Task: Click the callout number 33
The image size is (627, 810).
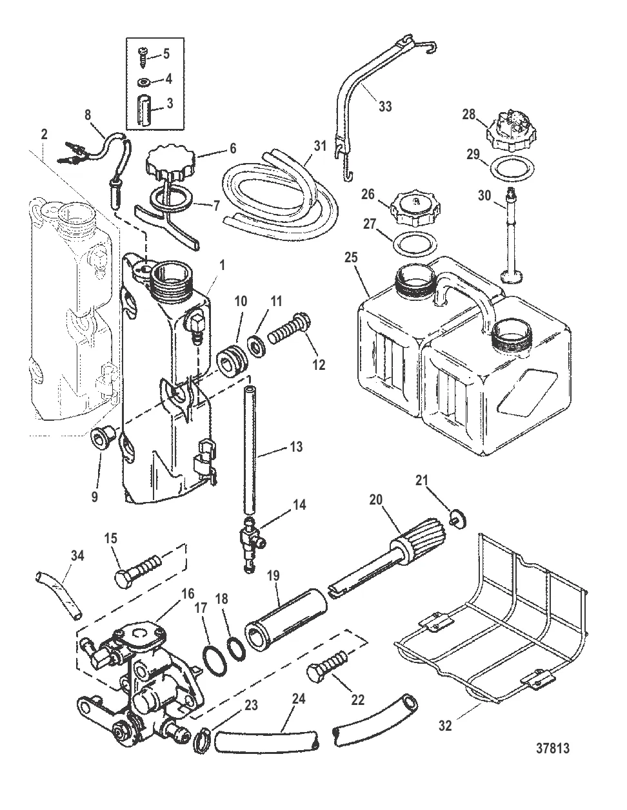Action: pyautogui.click(x=385, y=107)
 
